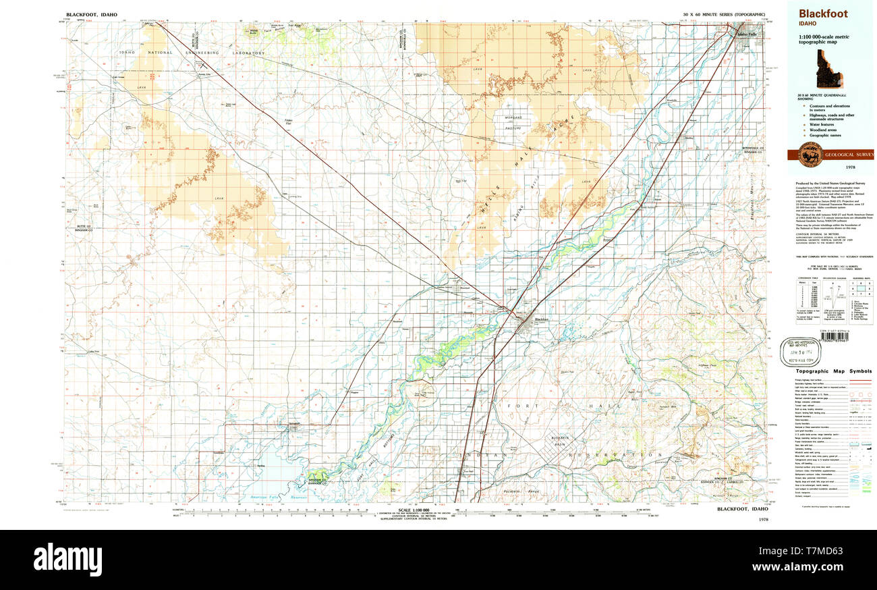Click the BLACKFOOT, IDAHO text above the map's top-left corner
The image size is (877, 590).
pos(91,14)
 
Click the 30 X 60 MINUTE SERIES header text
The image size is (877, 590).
pos(723,14)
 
